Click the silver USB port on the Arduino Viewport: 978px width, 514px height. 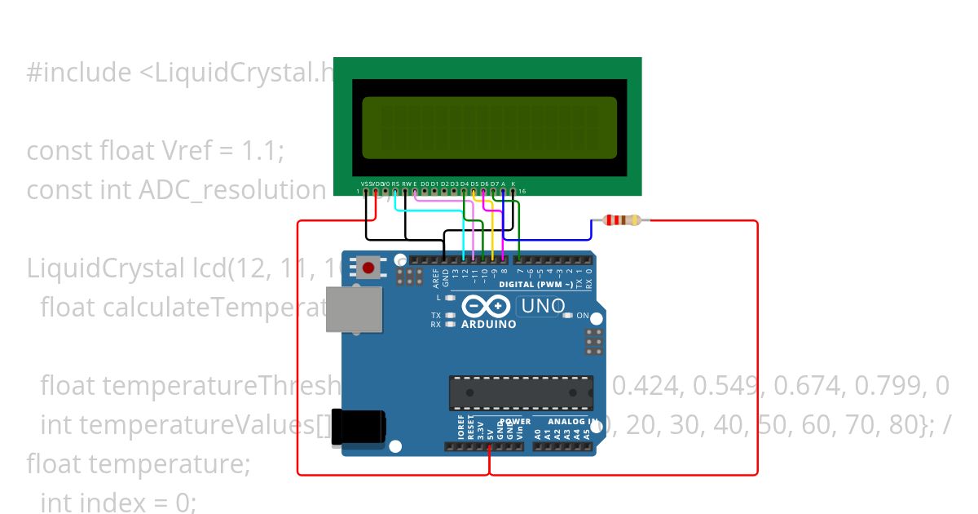tap(353, 309)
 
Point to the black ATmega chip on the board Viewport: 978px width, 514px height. tap(521, 392)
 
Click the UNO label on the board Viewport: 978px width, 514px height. tap(543, 306)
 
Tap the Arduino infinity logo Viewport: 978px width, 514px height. tap(488, 307)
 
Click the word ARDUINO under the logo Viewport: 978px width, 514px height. tap(489, 324)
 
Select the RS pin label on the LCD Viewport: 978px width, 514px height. tap(395, 184)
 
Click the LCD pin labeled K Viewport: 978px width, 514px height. tap(513, 184)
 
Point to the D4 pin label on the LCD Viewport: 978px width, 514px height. tap(464, 184)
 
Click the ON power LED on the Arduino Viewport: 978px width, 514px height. tap(583, 315)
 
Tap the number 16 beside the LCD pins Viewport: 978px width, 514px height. tap(522, 191)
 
